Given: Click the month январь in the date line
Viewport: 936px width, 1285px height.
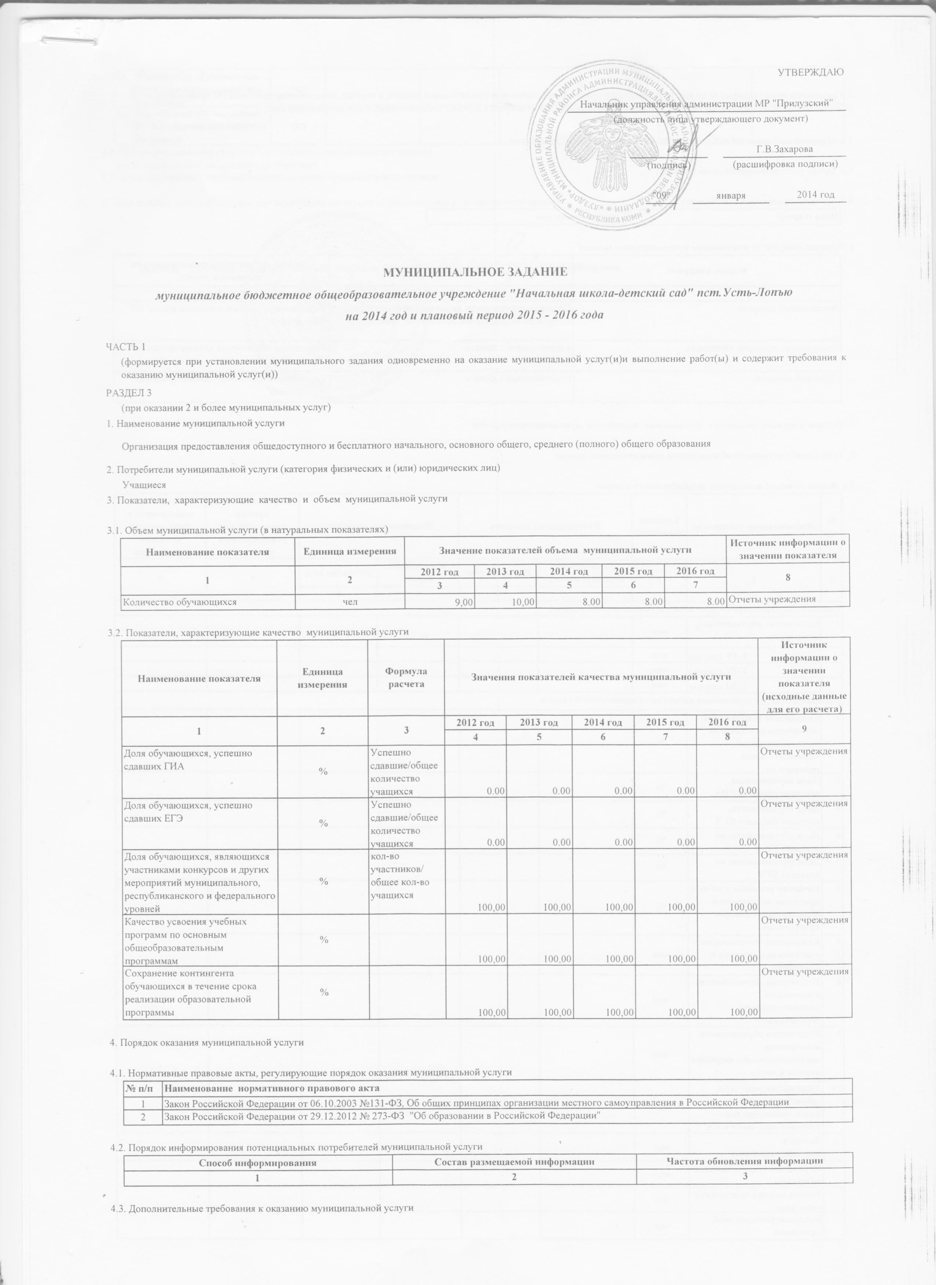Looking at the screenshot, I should (730, 196).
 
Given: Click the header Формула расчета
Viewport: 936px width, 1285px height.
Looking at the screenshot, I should (406, 678).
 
